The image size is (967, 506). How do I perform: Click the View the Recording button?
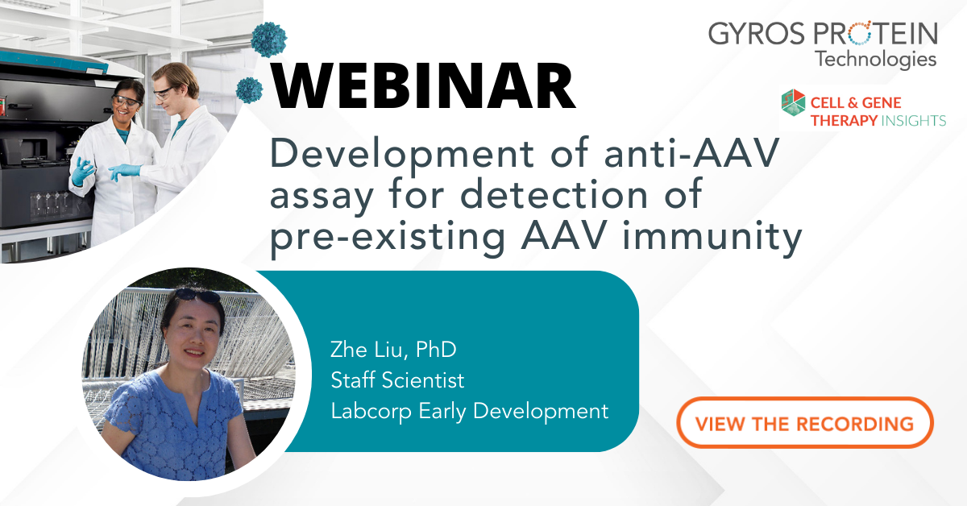pyautogui.click(x=804, y=423)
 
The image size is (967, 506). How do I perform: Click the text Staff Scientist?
pyautogui.click(x=397, y=379)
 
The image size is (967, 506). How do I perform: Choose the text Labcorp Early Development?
pyautogui.click(x=469, y=410)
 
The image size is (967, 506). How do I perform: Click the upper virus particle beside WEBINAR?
pyautogui.click(x=263, y=37)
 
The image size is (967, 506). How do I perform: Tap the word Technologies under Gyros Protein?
pyautogui.click(x=875, y=59)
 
